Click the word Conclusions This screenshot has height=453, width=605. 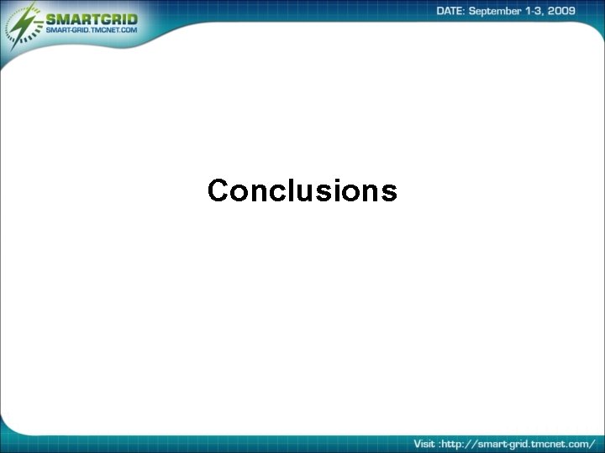click(302, 191)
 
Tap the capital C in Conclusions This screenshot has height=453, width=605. click(218, 191)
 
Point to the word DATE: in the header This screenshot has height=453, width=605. click(453, 11)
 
